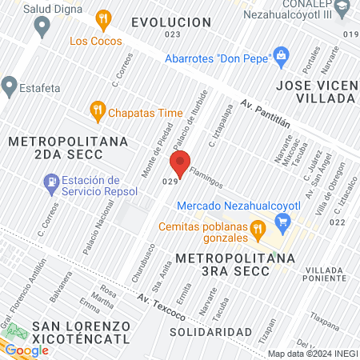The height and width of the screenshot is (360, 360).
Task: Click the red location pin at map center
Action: coord(180,163)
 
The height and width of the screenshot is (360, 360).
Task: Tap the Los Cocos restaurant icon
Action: coord(102,18)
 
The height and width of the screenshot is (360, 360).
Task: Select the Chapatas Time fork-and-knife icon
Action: coord(98,110)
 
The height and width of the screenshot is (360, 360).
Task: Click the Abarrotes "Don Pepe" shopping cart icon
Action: coord(281,55)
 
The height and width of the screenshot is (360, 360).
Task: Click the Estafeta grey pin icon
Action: coord(10,84)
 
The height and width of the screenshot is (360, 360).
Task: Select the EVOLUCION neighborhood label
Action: coord(171,22)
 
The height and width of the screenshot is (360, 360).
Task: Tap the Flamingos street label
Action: coord(206,178)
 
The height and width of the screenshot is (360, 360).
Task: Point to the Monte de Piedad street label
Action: coord(160,151)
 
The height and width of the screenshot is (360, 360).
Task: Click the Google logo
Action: coord(26,350)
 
